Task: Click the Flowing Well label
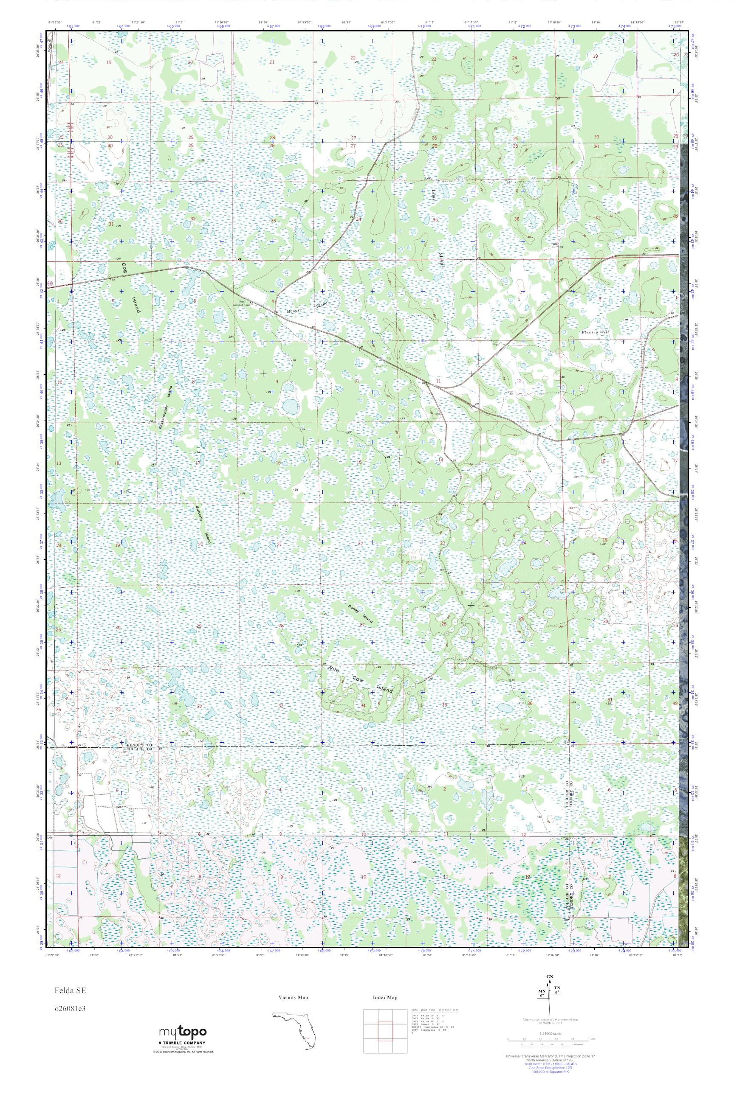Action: pos(595,333)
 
